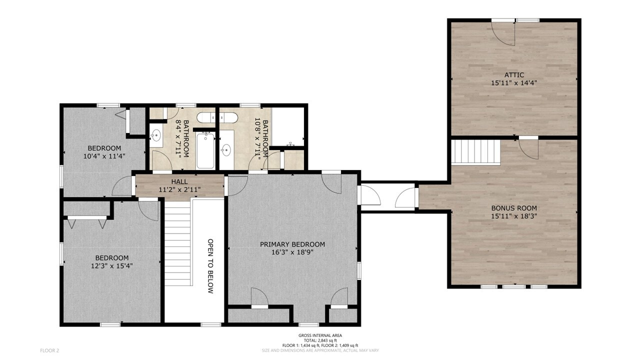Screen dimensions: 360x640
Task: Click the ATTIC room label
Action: (x=514, y=74)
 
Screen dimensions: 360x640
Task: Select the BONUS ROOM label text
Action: (x=514, y=208)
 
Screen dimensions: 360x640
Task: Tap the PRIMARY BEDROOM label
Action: (x=292, y=244)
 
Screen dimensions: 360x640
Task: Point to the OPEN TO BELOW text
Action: (x=210, y=265)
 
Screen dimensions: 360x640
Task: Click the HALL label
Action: (x=179, y=181)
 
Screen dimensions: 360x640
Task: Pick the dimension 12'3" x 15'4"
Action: (x=111, y=266)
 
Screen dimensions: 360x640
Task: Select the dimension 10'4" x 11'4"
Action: (x=104, y=156)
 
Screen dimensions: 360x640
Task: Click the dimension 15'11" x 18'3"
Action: (x=514, y=216)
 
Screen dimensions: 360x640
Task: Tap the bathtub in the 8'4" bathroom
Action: (x=205, y=150)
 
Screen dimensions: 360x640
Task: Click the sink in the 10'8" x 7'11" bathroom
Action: (x=226, y=149)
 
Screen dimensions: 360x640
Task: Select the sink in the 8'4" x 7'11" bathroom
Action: (x=155, y=134)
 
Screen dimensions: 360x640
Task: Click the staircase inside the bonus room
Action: (x=476, y=152)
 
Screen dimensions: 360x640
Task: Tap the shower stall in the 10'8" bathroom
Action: (x=289, y=126)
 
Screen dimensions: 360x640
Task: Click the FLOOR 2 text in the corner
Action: (x=49, y=350)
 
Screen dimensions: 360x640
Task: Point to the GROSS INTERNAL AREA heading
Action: (x=320, y=335)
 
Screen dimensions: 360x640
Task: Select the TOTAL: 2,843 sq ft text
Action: (x=320, y=340)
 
